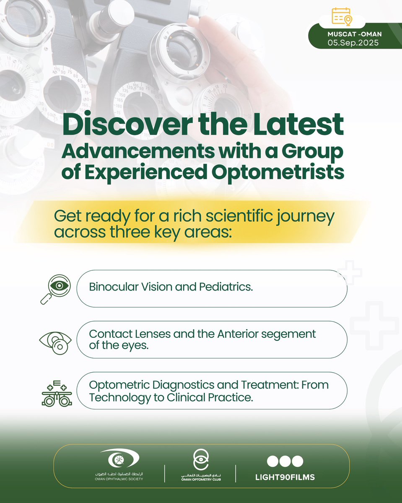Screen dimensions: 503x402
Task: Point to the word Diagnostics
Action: (x=180, y=384)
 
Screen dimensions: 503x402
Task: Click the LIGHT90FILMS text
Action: (x=285, y=477)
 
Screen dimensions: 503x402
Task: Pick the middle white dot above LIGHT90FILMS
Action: (x=285, y=461)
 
